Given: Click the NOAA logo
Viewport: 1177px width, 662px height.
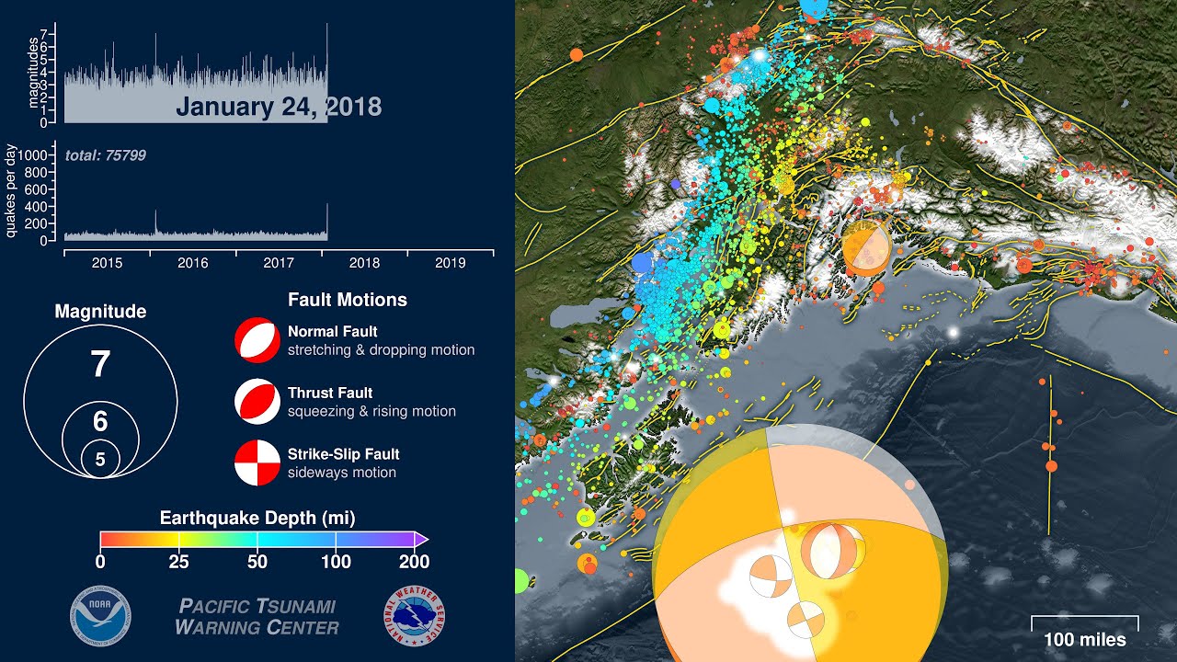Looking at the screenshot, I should pyautogui.click(x=101, y=616).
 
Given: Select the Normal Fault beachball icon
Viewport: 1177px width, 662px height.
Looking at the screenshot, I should pyautogui.click(x=257, y=340).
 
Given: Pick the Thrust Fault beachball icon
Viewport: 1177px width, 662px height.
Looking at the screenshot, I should pyautogui.click(x=257, y=402).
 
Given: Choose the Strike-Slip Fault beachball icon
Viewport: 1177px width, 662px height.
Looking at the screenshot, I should pyautogui.click(x=257, y=462).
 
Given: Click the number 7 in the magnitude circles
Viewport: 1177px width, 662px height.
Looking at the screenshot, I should pyautogui.click(x=100, y=365).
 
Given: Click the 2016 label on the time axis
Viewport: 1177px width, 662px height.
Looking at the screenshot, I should pyautogui.click(x=193, y=263).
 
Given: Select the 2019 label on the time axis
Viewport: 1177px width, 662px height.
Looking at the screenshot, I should pyautogui.click(x=450, y=263).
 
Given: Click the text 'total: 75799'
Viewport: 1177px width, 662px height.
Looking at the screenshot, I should pyautogui.click(x=106, y=155).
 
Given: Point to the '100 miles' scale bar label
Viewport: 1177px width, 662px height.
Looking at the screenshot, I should pyautogui.click(x=1084, y=640).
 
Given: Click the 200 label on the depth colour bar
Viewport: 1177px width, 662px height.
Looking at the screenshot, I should pyautogui.click(x=414, y=562).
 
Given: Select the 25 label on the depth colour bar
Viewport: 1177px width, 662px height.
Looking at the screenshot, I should pyautogui.click(x=179, y=562).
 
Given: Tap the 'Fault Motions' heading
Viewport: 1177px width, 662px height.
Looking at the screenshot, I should pyautogui.click(x=347, y=300).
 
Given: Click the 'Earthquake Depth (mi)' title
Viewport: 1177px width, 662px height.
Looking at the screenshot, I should pyautogui.click(x=257, y=518).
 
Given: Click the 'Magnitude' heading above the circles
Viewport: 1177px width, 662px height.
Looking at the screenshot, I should pyautogui.click(x=100, y=312).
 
